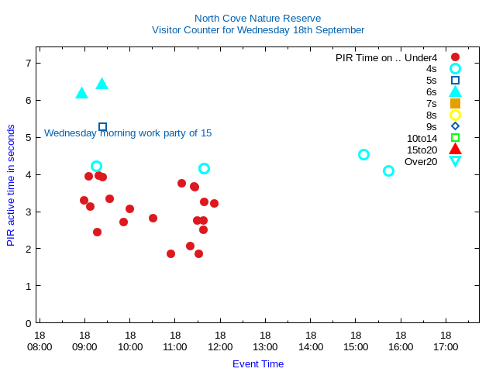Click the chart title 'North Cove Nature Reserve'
[257, 18]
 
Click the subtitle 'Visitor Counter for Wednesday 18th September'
[257, 30]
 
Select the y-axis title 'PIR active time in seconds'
[11, 185]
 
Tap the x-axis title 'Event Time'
[257, 363]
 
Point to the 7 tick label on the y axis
[28, 63]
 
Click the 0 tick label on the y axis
[28, 323]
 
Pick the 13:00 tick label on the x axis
[265, 346]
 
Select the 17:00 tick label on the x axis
[446, 346]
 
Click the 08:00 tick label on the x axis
[40, 346]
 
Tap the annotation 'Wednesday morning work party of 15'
[128, 133]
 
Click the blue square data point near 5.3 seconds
[102, 126]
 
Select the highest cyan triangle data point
[102, 84]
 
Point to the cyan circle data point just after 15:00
[363, 154]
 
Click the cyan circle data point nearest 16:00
[388, 170]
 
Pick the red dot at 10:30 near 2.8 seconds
[153, 218]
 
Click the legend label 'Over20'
[421, 161]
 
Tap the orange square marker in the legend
[455, 103]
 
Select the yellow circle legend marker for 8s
[455, 115]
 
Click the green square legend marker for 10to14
[455, 138]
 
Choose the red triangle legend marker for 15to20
[455, 149]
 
